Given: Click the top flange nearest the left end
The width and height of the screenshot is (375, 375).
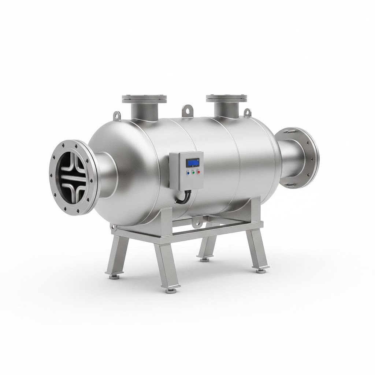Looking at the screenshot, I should [x=144, y=99].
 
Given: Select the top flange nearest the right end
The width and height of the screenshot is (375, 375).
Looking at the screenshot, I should [x=226, y=98].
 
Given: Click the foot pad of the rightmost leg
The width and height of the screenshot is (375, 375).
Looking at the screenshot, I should [x=260, y=271].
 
